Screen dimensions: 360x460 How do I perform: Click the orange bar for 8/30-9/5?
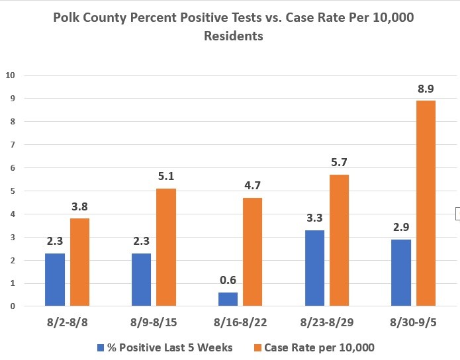[426, 203]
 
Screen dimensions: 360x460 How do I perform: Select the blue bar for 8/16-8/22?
[228, 299]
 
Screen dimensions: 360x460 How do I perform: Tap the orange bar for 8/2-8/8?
[79, 262]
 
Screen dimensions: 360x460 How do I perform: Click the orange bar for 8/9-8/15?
[166, 247]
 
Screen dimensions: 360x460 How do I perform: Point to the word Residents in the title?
[234, 36]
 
